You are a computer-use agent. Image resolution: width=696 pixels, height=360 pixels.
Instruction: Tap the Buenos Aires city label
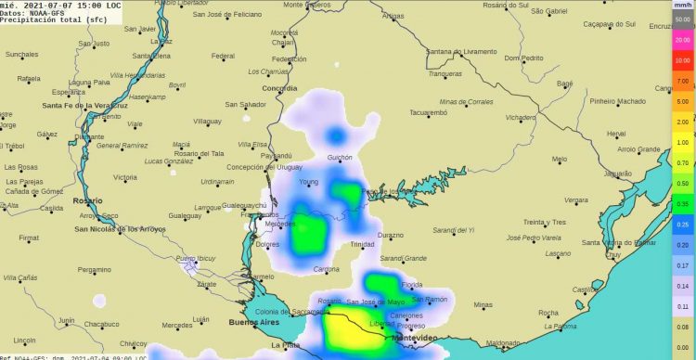(x=253, y=322)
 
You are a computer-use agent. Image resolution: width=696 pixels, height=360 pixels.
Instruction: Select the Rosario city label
(x=89, y=199)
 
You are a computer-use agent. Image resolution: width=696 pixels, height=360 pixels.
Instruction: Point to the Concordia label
(x=280, y=88)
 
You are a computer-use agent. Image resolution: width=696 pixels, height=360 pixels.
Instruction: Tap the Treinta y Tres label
(x=545, y=223)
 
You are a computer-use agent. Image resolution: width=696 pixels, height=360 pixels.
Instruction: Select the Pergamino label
(x=94, y=270)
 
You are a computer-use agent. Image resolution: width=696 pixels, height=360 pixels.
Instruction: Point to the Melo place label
(x=559, y=159)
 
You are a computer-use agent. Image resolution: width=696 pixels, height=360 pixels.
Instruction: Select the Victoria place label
(x=124, y=176)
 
